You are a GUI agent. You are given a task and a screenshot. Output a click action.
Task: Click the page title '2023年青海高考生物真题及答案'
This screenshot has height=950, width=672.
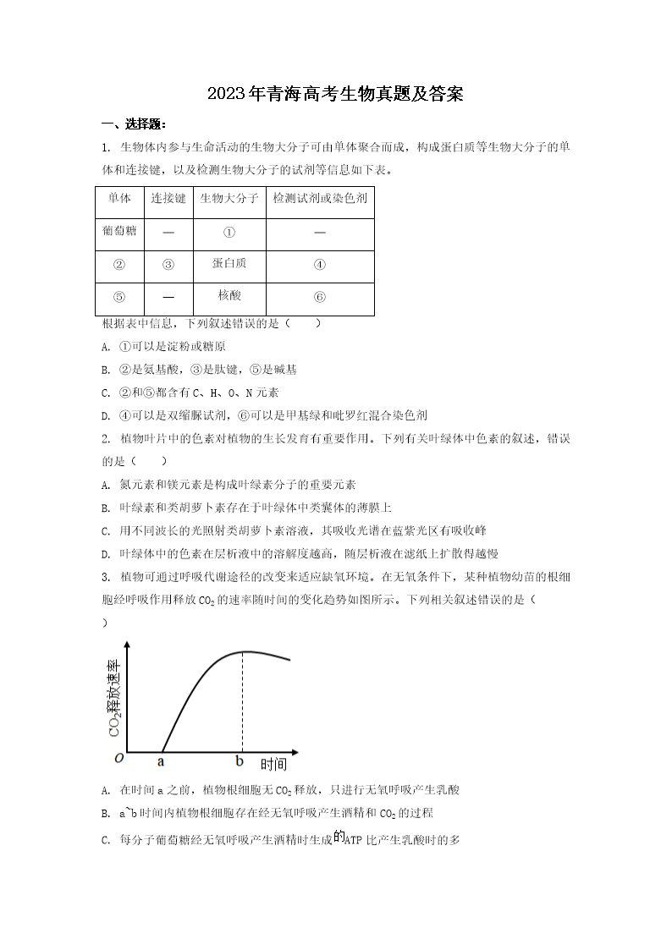coord(335,94)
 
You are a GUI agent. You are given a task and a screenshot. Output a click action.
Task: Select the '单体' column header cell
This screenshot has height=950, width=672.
coord(119,199)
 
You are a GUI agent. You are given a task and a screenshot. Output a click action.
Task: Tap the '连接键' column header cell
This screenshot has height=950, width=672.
coord(168,199)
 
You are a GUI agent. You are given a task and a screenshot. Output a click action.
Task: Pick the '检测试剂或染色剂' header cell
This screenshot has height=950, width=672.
coord(319,199)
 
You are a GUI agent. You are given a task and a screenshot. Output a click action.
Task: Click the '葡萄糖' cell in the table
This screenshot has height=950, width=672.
coord(119,231)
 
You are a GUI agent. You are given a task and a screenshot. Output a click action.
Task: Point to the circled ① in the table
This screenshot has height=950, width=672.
coord(229,232)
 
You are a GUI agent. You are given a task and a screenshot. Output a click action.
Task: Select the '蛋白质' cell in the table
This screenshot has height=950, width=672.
coord(229,263)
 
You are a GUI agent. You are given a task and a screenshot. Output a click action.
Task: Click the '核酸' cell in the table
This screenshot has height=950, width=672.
coord(229,295)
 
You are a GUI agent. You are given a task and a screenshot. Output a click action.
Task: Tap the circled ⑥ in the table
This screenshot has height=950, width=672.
coord(319,297)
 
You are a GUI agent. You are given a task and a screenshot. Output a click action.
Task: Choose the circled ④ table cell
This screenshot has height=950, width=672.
coord(319,264)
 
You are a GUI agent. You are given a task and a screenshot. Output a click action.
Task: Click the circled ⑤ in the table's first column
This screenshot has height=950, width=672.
coord(119,297)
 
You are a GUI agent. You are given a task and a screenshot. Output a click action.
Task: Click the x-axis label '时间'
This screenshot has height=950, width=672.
coord(273,765)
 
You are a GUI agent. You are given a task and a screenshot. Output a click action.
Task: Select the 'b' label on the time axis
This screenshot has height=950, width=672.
coord(240,761)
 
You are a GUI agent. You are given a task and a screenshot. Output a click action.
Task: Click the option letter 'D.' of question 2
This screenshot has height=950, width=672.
coord(106,554)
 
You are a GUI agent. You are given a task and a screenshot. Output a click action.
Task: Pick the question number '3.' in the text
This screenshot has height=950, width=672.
coord(106,578)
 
